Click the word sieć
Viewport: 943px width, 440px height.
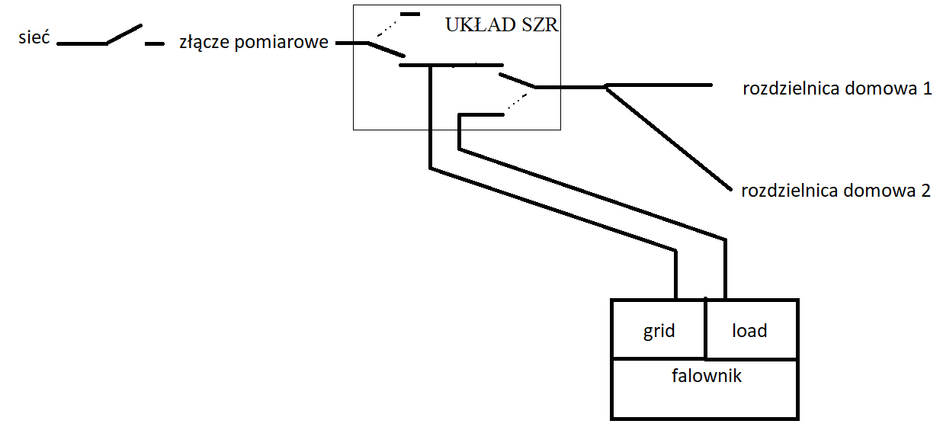click(34, 37)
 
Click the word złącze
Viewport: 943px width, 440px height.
click(204, 42)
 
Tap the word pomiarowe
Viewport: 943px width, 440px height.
click(281, 43)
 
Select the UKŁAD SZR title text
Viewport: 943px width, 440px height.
click(502, 25)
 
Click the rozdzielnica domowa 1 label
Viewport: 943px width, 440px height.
click(837, 88)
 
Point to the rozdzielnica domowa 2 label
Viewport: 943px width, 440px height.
click(836, 191)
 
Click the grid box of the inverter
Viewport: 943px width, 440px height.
click(659, 329)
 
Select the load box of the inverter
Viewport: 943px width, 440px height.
click(752, 329)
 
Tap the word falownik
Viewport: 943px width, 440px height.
click(707, 376)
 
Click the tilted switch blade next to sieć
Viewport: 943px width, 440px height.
click(124, 34)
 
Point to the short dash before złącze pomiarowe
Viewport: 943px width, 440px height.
click(155, 43)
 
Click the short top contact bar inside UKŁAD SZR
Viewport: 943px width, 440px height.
click(410, 14)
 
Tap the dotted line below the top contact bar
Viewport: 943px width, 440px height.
click(387, 28)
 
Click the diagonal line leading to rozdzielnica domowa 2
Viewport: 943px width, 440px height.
click(669, 139)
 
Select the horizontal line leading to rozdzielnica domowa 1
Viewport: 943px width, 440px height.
click(659, 85)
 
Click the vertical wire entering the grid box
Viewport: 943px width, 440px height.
click(675, 275)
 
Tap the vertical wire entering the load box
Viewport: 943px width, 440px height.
click(725, 269)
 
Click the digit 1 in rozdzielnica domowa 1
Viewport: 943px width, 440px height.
click(927, 88)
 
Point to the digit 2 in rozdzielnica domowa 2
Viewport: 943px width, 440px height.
click(925, 191)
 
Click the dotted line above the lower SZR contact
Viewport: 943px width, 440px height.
click(518, 102)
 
